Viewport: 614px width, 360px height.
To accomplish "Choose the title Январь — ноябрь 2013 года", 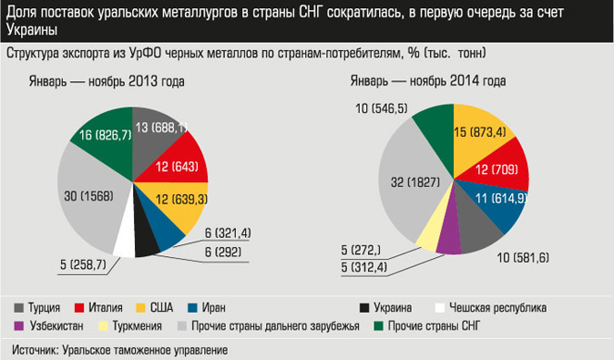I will [x=107, y=81].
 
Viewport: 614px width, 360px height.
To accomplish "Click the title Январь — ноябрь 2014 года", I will [x=428, y=81].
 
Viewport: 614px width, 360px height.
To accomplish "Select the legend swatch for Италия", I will [x=79, y=307].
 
